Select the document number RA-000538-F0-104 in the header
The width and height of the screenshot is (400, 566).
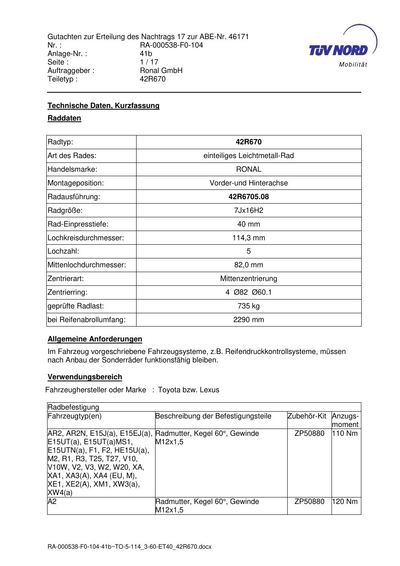[x=171, y=45]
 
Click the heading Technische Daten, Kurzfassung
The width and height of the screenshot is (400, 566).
[x=104, y=106]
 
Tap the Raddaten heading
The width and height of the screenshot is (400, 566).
[x=64, y=118]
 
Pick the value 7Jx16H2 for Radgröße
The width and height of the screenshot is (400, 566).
[x=249, y=210]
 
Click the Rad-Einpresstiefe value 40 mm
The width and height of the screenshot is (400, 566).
[x=249, y=224]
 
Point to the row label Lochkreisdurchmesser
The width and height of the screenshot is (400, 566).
[x=86, y=238]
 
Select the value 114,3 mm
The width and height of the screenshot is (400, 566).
[x=249, y=238]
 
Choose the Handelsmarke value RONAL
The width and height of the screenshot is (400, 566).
[x=249, y=169]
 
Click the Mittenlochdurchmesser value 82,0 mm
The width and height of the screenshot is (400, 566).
[x=249, y=265]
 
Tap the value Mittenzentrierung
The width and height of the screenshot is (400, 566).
[x=249, y=279]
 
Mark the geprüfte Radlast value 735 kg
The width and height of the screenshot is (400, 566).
[x=249, y=306]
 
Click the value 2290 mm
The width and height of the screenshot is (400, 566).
[x=249, y=320]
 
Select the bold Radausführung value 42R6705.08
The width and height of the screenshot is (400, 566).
[x=249, y=197]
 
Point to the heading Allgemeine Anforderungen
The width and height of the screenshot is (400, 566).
[x=95, y=339]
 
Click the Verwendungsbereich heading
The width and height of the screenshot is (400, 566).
[x=85, y=377]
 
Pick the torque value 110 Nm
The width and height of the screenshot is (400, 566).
[x=345, y=434]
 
